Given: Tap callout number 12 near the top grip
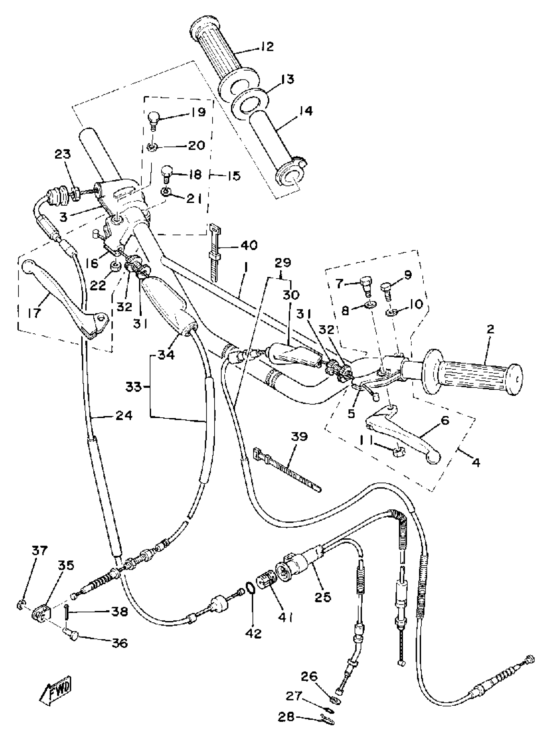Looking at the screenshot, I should point(266,47).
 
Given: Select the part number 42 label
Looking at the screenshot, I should point(253,633).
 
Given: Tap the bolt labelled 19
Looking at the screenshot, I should point(153,119).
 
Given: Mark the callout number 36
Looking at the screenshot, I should point(120,643).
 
